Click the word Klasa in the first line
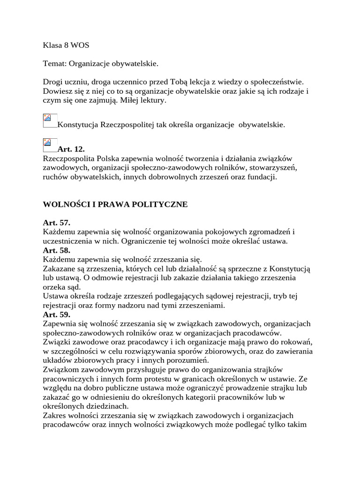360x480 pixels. coord(52,45)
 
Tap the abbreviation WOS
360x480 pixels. coord(80,45)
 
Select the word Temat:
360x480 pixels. coord(55,63)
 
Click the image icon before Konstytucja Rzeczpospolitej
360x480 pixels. coord(50,121)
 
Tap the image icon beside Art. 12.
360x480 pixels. coord(50,145)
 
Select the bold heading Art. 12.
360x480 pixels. coord(71,150)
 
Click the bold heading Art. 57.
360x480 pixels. coord(57,223)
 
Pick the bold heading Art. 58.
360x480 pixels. coord(57,250)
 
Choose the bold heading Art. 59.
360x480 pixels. coord(57,315)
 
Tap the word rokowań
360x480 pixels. coord(296,342)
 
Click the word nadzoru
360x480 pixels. coord(147,306)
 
